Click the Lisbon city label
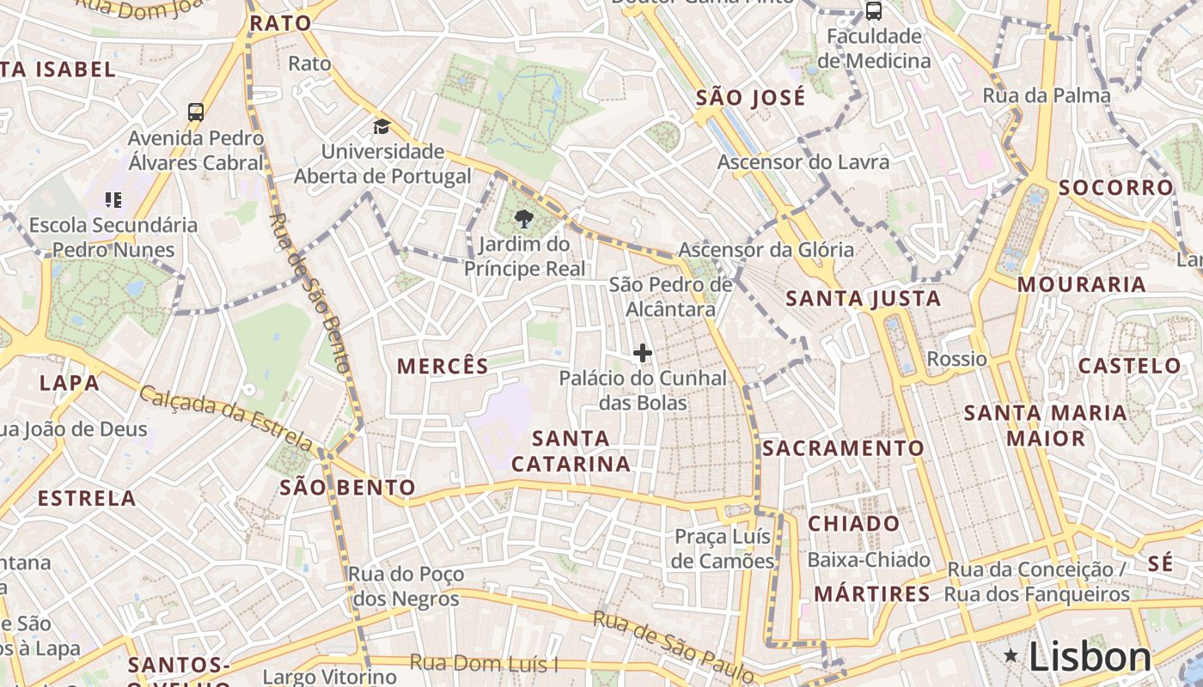[x=1090, y=657]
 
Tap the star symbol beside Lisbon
[x=1011, y=656]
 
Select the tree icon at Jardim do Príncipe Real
[x=523, y=220]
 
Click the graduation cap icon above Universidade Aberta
[x=381, y=127]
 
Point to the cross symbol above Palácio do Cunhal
[x=642, y=353]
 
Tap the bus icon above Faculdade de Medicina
[x=873, y=11]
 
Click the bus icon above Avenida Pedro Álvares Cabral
[x=196, y=112]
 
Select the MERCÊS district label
[x=443, y=366]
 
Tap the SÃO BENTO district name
[x=347, y=488]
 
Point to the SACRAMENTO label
[x=843, y=447]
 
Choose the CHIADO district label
[x=854, y=523]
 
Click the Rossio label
[x=957, y=358]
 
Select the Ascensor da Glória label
[x=766, y=250]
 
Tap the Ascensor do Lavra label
[x=803, y=161]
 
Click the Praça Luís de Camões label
[x=724, y=549]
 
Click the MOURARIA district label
[x=1082, y=283]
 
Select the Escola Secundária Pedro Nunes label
[x=113, y=237]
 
